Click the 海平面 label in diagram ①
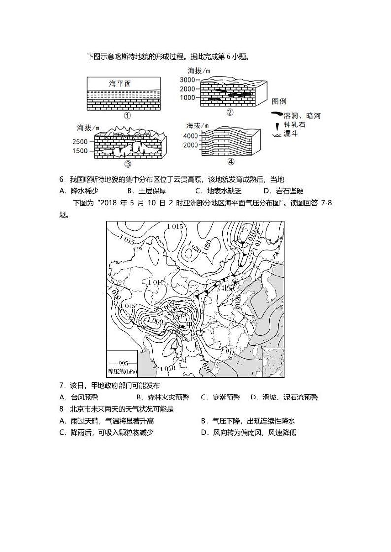coord(120,84)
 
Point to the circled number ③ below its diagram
coord(128,164)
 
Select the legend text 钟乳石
coord(295,124)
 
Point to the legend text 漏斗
coord(292,134)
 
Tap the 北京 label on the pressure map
coord(229,288)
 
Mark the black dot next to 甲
coord(182,326)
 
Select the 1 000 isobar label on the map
coord(154,321)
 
